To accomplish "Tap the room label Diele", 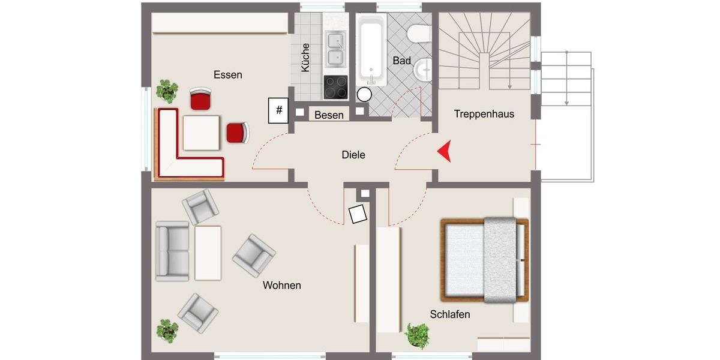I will click(x=353, y=155).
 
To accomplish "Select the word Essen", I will click(x=228, y=75).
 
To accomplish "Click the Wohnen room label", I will click(x=281, y=286).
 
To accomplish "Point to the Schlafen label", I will click(x=449, y=314).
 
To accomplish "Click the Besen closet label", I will click(x=329, y=115).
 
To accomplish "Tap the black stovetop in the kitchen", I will click(x=335, y=87).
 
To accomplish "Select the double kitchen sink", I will click(x=335, y=50).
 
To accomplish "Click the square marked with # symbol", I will click(x=278, y=110).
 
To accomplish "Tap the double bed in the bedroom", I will click(x=485, y=259).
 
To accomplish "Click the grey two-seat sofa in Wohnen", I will click(x=172, y=251).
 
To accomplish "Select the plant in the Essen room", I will click(x=167, y=91).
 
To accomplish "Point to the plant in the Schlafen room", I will click(x=417, y=335).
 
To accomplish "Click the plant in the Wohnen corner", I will click(x=167, y=331).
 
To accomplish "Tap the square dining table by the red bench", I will click(x=202, y=133).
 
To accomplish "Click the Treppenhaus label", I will click(x=484, y=114).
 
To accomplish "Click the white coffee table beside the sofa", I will click(x=208, y=253).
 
